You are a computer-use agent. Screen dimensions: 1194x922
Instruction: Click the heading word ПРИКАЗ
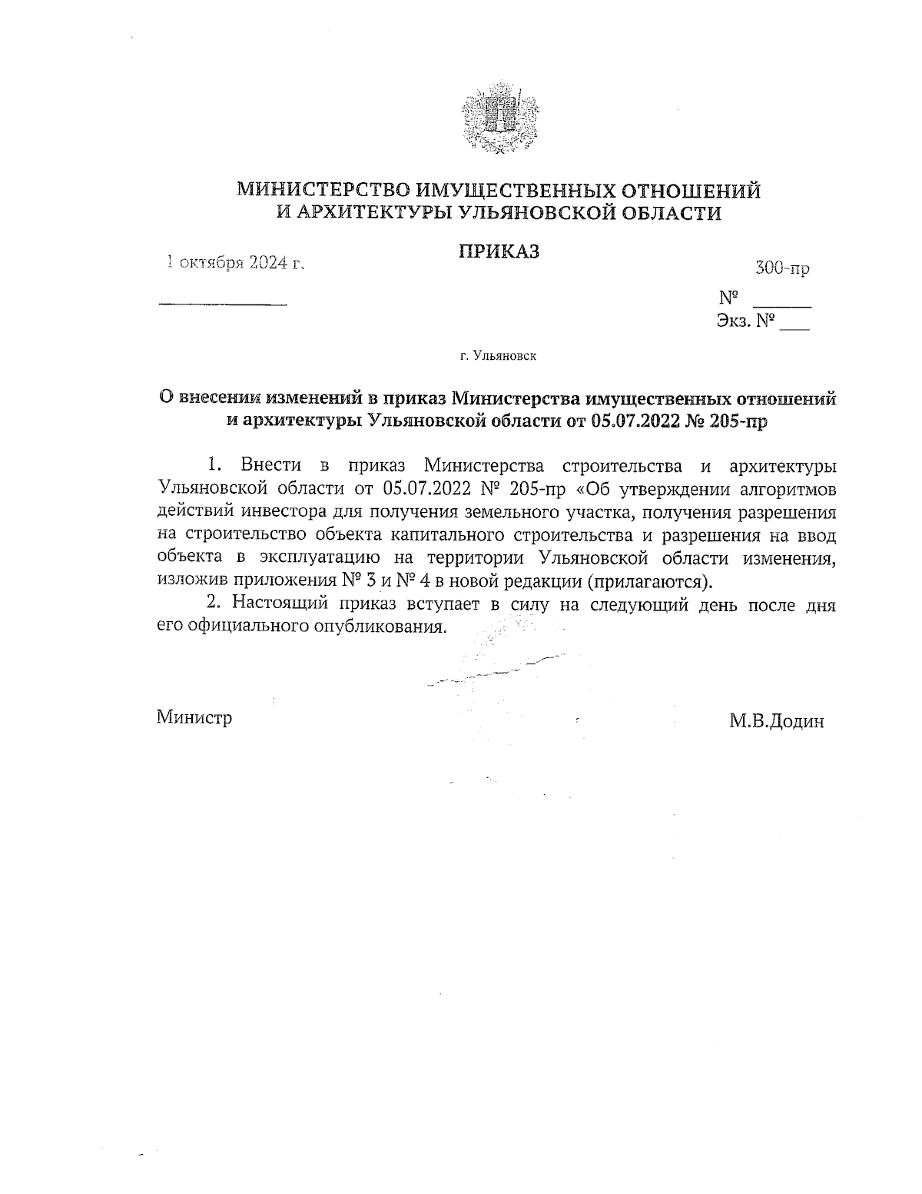[499, 251]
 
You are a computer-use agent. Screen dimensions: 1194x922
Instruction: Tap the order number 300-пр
[782, 268]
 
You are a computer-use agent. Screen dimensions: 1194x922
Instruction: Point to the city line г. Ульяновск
[498, 356]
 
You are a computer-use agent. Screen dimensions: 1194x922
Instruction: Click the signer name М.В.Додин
[778, 721]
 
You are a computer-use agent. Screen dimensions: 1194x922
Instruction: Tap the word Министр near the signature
[194, 717]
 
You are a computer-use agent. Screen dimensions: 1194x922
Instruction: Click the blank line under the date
[222, 305]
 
